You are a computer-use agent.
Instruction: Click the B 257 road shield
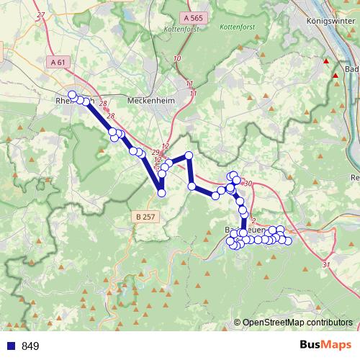(144, 215)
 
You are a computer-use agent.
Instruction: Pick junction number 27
(40, 15)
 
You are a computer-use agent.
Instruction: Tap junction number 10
(177, 58)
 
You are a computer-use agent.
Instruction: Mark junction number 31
(326, 265)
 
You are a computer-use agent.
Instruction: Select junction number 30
(248, 184)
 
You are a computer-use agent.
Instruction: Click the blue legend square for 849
(10, 346)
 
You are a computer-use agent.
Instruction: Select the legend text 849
(30, 346)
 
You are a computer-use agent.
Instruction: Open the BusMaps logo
(326, 345)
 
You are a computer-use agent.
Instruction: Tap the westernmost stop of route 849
(72, 95)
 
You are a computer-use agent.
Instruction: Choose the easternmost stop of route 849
(288, 240)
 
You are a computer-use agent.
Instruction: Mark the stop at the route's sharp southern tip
(161, 193)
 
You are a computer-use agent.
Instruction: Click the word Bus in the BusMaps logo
(312, 345)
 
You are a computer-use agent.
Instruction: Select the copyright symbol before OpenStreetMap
(238, 323)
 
